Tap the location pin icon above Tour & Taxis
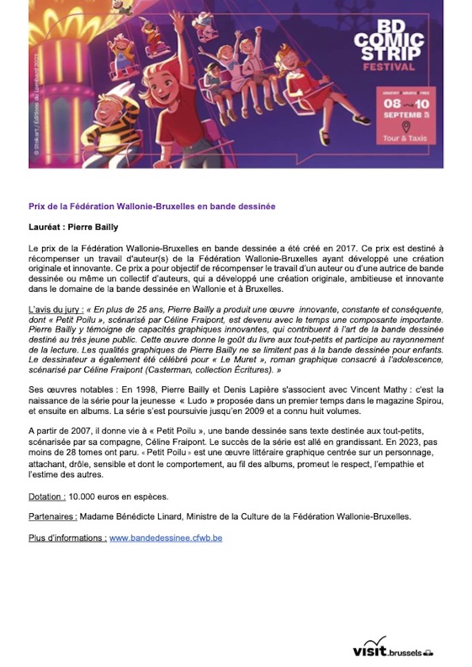tap(405, 126)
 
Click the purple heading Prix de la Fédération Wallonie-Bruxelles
tap(152, 206)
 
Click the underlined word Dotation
tap(47, 497)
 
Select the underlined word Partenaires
tap(52, 517)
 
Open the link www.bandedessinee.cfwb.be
tap(166, 537)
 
